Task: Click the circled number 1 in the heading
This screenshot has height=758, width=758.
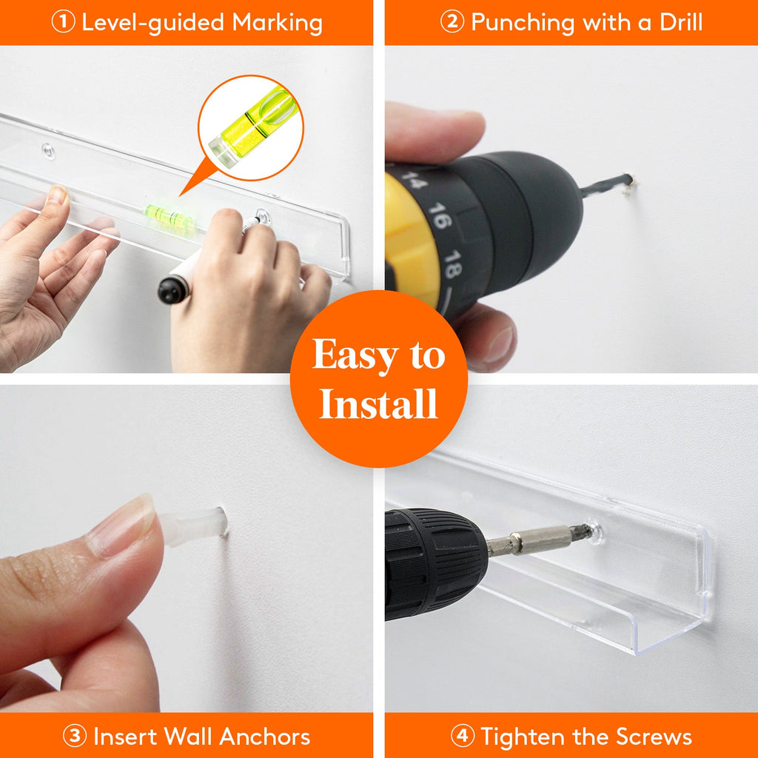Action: pos(62,22)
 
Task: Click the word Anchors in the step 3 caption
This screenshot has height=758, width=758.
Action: pos(261,737)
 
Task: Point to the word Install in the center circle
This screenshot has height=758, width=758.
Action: pos(379,405)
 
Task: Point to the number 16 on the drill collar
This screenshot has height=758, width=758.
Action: pos(439,219)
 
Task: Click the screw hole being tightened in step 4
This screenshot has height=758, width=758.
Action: pos(593,531)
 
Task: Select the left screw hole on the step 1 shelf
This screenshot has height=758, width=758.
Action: pos(47,151)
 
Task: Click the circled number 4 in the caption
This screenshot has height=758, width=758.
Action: pos(462,737)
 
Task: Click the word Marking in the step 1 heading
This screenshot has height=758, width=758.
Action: pos(278,22)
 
